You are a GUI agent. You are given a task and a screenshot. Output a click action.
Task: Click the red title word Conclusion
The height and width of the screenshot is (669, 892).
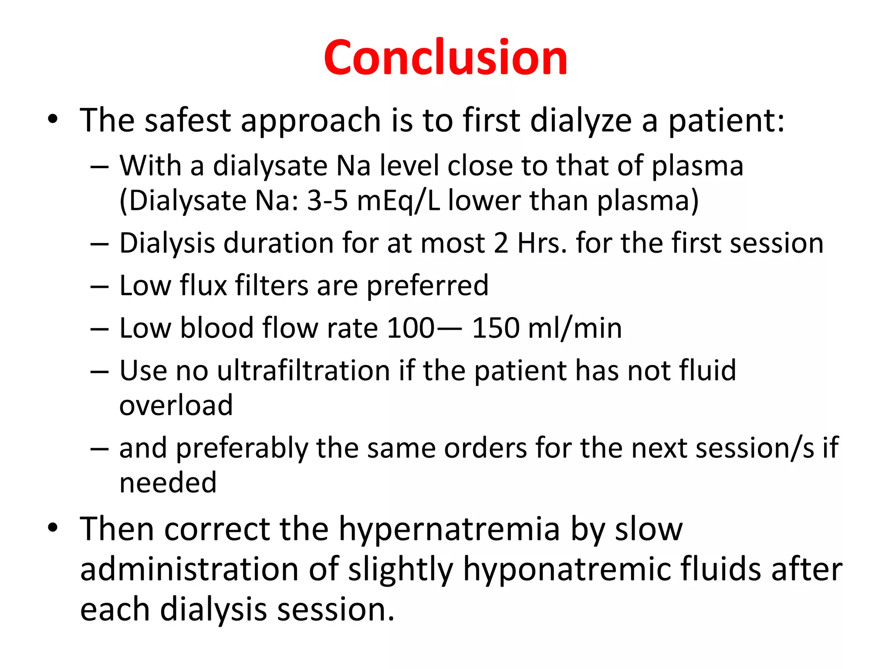coord(446,57)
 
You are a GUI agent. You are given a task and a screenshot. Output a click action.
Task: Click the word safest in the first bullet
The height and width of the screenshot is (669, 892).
coord(188,120)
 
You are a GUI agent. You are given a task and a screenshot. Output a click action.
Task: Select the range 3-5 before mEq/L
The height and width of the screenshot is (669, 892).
coord(327,201)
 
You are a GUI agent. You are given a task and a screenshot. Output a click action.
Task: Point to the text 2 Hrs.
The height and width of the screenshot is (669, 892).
coord(530,243)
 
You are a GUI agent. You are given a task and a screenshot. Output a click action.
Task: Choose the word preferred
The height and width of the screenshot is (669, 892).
coord(428,286)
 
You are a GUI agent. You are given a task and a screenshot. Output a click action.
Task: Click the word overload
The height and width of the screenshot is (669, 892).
coord(176,405)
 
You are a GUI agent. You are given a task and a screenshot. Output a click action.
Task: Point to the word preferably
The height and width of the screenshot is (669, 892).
coord(241,449)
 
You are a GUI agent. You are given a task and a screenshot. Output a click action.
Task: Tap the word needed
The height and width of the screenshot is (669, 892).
coord(168,483)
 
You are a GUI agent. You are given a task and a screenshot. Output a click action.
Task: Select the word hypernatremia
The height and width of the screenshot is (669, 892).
coord(449,530)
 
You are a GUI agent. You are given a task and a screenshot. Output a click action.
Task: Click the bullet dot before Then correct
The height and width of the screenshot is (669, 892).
coord(53,528)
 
